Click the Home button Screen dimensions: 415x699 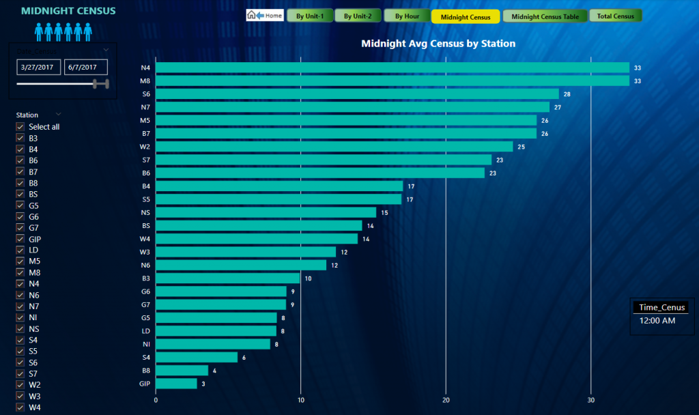click(265, 15)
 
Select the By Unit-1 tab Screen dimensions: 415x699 click(310, 16)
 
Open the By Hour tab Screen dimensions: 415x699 click(406, 16)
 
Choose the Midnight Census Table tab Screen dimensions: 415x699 click(544, 16)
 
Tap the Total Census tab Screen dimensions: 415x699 click(615, 16)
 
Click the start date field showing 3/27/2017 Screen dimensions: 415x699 click(39, 67)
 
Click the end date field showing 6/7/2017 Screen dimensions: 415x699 click(86, 67)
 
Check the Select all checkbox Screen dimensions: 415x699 click(20, 127)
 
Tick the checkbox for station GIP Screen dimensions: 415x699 click(20, 239)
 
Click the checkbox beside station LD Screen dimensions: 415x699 click(20, 251)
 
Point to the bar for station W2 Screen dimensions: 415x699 click(334, 147)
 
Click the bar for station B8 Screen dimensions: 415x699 click(182, 371)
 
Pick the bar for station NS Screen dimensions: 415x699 click(266, 212)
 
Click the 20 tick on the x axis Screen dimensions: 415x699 click(446, 400)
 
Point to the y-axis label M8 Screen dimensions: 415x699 click(145, 81)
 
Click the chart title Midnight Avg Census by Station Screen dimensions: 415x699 click(438, 44)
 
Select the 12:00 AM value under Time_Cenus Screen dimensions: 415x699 click(657, 320)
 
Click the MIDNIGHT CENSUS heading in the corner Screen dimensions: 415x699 click(68, 11)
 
